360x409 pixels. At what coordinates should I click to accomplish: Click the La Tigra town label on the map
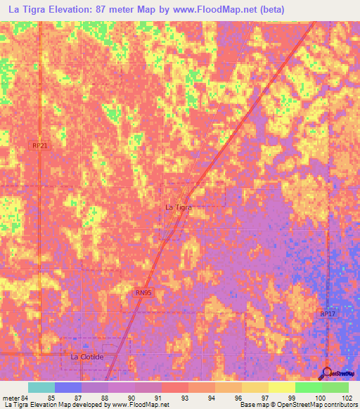[178, 207]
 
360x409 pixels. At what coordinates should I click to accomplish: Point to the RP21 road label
[39, 145]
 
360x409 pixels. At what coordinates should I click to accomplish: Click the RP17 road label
[328, 313]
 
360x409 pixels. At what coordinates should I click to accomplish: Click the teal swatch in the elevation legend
[41, 387]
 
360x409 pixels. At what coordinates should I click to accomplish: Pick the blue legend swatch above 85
[68, 387]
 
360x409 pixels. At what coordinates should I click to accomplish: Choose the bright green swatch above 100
[308, 387]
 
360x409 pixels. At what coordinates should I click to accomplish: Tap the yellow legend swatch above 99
[281, 387]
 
